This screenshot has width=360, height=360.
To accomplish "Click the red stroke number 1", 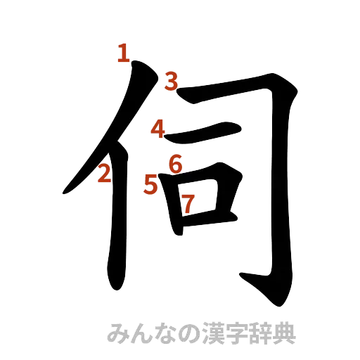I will [124, 53].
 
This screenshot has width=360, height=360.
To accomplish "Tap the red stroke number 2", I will [105, 172].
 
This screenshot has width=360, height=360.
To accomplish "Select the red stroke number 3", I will [172, 82].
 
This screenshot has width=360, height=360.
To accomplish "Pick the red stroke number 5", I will [150, 184].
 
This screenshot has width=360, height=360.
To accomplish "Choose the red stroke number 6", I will [176, 164].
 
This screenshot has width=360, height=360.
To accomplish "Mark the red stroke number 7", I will [188, 203].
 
